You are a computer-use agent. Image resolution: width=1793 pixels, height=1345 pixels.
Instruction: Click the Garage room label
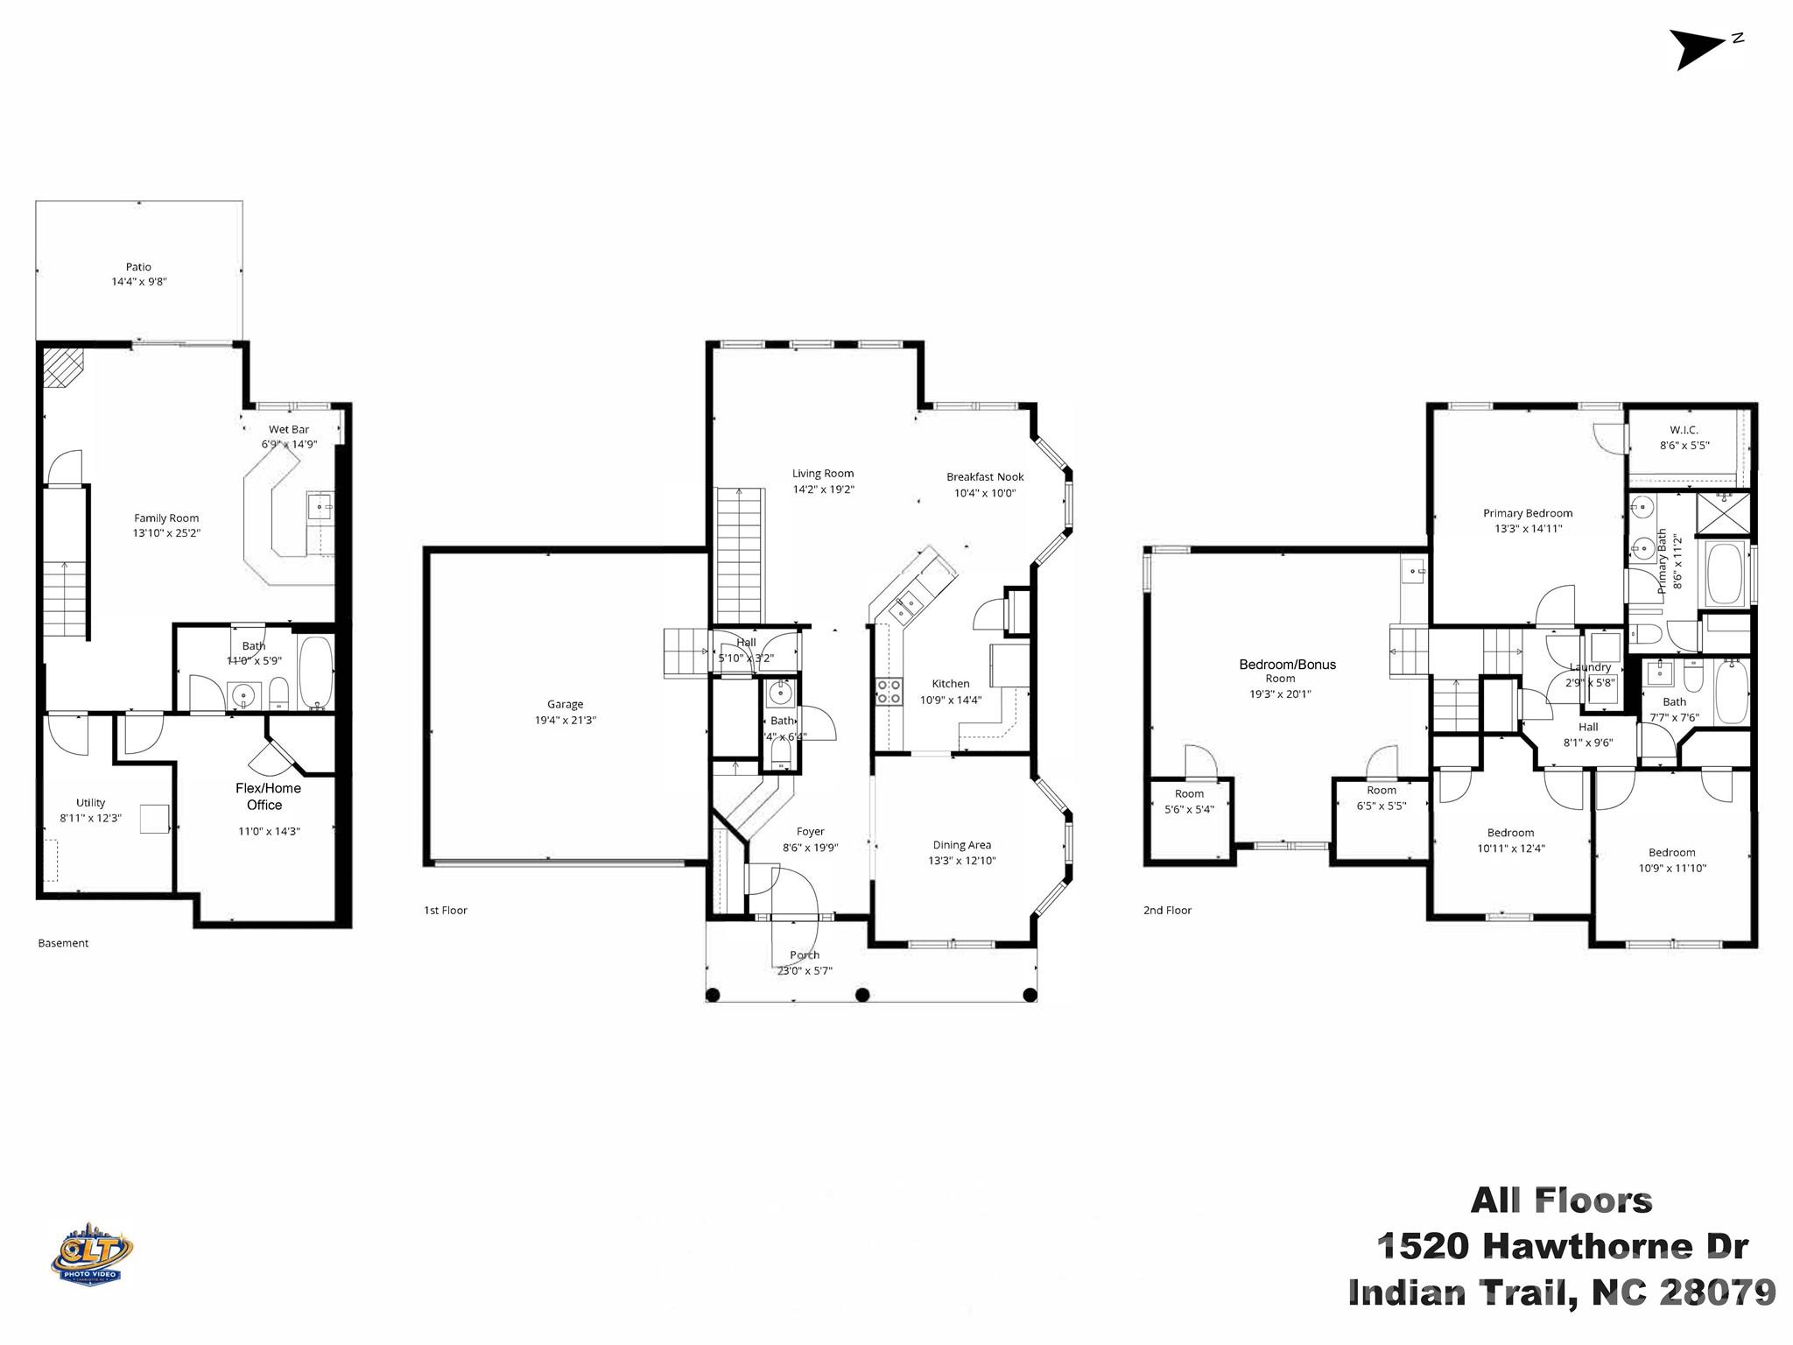pyautogui.click(x=565, y=704)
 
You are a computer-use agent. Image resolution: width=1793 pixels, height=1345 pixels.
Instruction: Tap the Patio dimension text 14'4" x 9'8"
pyautogui.click(x=138, y=282)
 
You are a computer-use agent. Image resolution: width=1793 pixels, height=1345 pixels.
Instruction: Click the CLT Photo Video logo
pyautogui.click(x=91, y=1253)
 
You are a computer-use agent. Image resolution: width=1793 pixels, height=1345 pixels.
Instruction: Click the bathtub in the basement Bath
pyautogui.click(x=315, y=672)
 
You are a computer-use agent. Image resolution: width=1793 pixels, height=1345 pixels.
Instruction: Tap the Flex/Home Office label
pyautogui.click(x=268, y=796)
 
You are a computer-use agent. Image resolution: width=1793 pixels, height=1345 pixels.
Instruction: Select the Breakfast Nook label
pyautogui.click(x=984, y=477)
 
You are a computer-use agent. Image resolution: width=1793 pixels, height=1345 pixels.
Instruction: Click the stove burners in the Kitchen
pyautogui.click(x=889, y=692)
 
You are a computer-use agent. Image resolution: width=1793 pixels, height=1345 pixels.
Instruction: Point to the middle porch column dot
pyautogui.click(x=862, y=995)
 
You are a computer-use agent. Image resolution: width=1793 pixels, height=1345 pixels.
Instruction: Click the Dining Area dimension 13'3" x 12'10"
pyautogui.click(x=961, y=861)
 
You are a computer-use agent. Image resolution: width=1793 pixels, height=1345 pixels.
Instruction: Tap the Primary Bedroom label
pyautogui.click(x=1527, y=514)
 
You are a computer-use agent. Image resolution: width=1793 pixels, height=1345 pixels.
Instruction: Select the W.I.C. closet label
pyautogui.click(x=1684, y=430)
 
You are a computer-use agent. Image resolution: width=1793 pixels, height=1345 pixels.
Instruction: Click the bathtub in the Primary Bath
pyautogui.click(x=1724, y=574)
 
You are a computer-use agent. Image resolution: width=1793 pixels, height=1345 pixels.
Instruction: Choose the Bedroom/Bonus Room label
pyautogui.click(x=1287, y=665)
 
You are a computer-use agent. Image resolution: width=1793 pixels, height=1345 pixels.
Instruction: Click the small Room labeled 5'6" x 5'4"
pyautogui.click(x=1189, y=801)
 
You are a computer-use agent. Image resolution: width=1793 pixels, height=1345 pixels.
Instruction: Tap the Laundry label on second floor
pyautogui.click(x=1590, y=667)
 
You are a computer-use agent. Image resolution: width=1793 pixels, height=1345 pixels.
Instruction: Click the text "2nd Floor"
pyautogui.click(x=1167, y=911)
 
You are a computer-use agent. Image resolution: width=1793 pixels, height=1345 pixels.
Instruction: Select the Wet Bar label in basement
pyautogui.click(x=289, y=429)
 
